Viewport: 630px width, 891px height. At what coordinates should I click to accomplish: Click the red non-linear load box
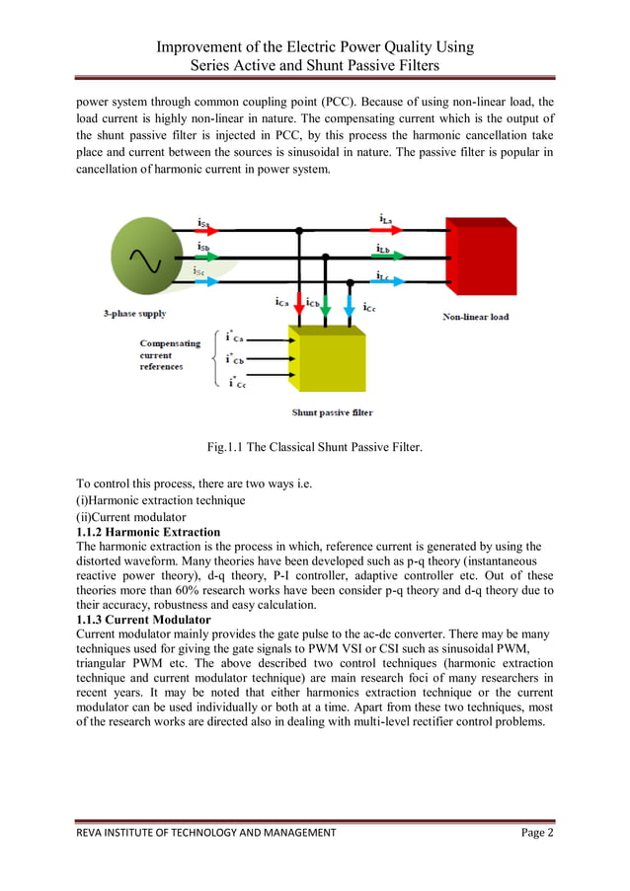coord(480,258)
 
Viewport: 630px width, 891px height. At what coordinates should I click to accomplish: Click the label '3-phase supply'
coord(135,314)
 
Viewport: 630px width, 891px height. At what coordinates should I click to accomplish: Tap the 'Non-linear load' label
coord(475,317)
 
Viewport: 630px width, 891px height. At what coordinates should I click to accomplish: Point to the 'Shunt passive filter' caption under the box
coord(333,412)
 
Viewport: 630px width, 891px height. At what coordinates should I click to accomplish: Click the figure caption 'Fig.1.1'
coord(314,448)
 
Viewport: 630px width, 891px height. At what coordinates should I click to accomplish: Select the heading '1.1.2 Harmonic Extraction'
coord(148,532)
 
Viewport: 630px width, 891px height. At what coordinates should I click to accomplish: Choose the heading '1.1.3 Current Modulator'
coord(143,619)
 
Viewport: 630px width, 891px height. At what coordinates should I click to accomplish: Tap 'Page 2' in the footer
coord(537,833)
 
